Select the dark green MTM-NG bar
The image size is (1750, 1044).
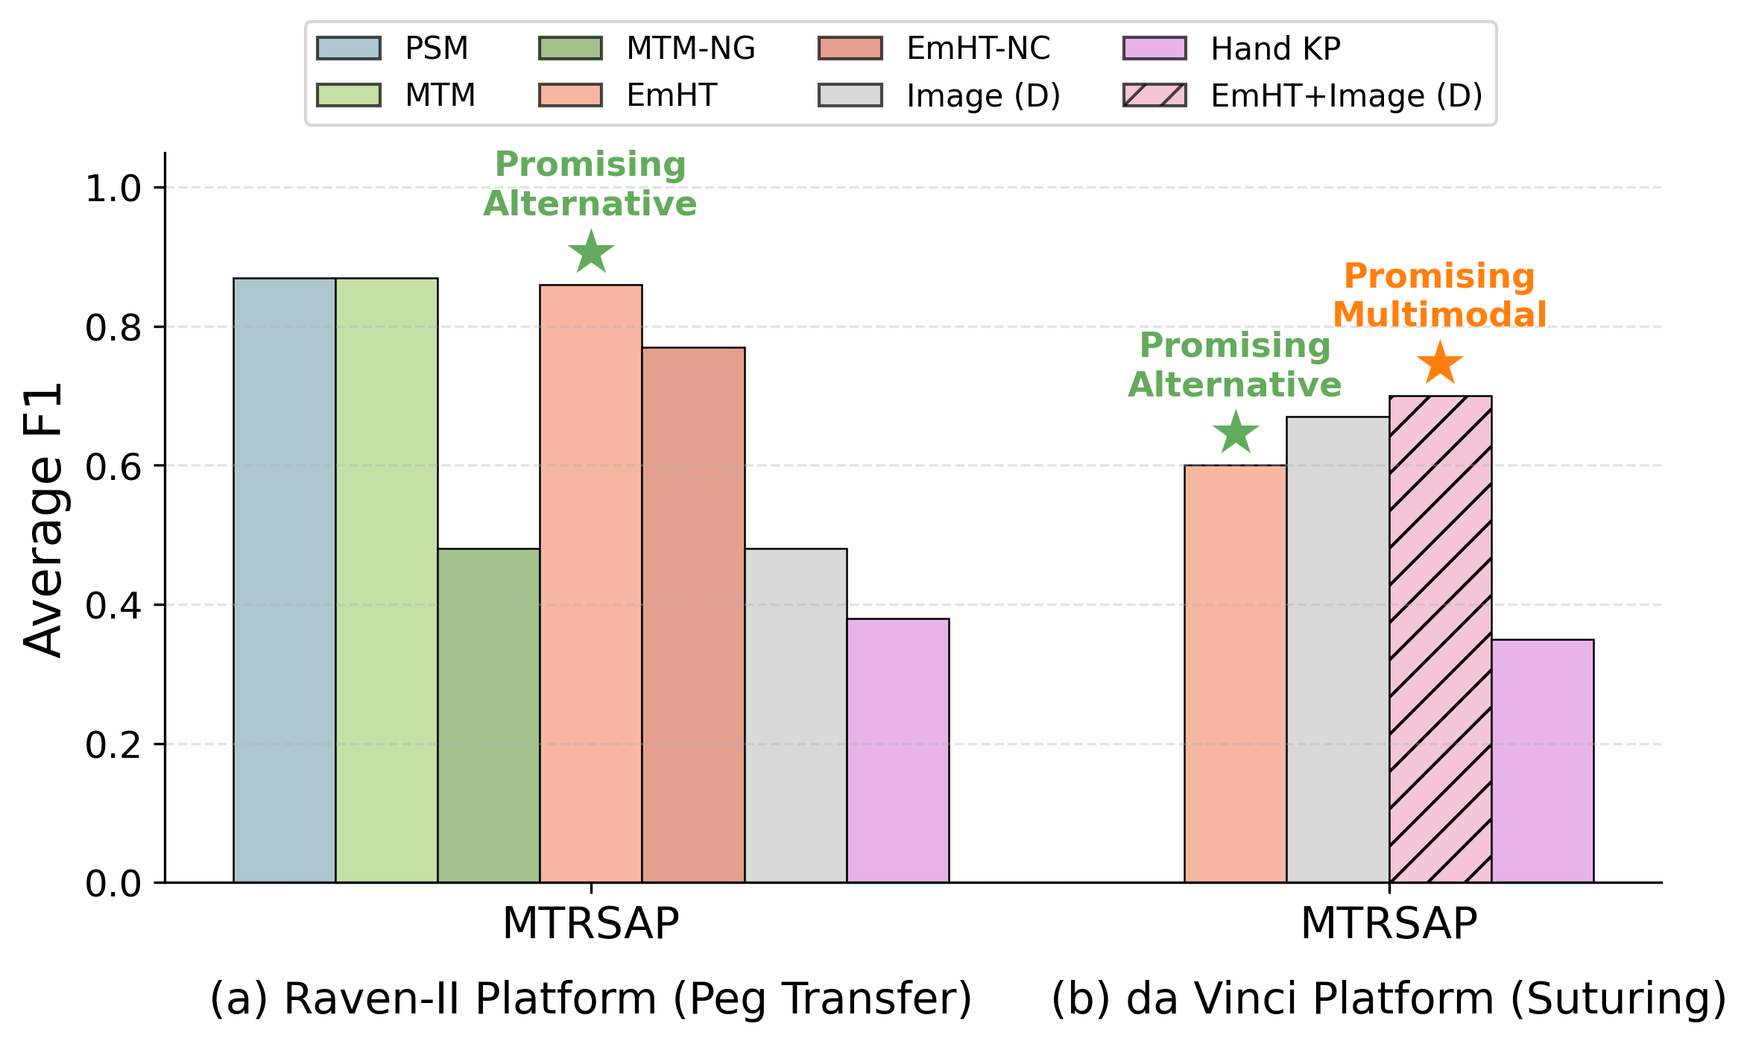(x=488, y=715)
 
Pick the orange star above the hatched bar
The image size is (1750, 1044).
(x=1439, y=364)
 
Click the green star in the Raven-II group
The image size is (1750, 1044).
(x=591, y=253)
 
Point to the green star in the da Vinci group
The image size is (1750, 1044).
(x=1235, y=433)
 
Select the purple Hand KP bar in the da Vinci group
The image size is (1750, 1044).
(x=1542, y=760)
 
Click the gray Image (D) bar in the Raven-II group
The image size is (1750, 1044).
(x=795, y=715)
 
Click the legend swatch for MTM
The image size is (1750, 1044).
(x=348, y=95)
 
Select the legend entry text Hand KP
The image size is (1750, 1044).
(x=1275, y=49)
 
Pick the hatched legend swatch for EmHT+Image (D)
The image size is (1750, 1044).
(x=1154, y=95)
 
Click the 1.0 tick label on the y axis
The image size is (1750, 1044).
(x=113, y=189)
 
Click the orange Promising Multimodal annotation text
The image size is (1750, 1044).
(x=1439, y=295)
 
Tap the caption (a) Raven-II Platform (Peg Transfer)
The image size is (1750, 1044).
(x=591, y=999)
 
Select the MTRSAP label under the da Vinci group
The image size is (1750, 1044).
(x=1389, y=924)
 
